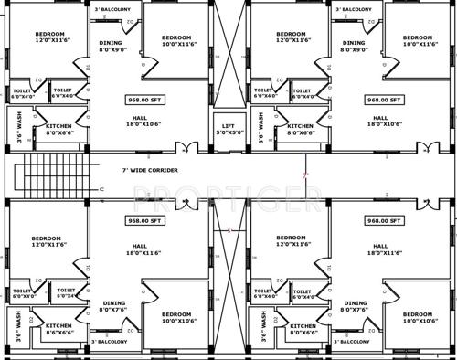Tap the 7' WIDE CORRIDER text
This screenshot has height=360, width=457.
[x=151, y=171]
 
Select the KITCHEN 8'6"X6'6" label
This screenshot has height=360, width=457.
[x=59, y=329]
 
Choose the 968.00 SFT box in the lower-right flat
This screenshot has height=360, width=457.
[x=384, y=220]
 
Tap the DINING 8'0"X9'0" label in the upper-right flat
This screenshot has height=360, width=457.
[x=354, y=47]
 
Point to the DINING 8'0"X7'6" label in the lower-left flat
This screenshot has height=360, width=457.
[x=113, y=306]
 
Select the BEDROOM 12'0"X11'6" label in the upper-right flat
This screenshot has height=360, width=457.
[x=295, y=37]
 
